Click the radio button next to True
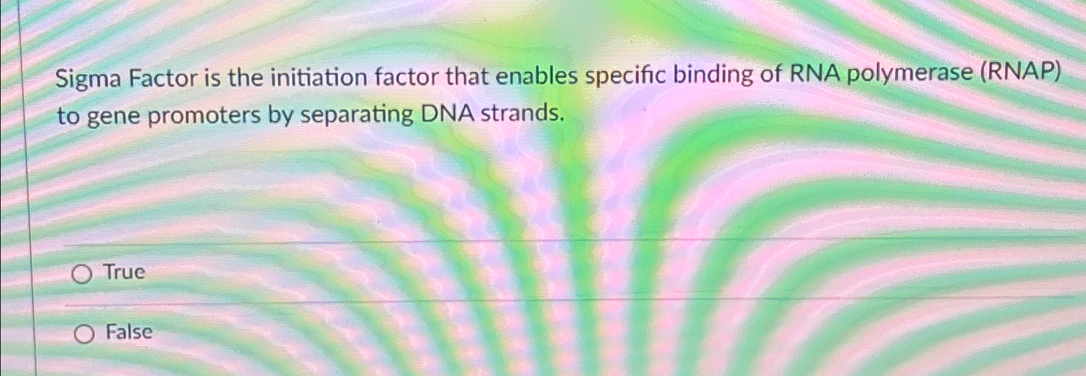[x=81, y=275]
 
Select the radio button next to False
[x=84, y=334]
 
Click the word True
[x=125, y=272]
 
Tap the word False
[x=129, y=332]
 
